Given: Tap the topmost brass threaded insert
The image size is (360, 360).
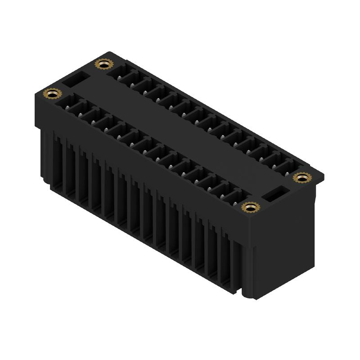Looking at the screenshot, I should coord(103,64).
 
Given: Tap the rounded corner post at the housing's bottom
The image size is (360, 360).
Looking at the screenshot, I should coord(246,288).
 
